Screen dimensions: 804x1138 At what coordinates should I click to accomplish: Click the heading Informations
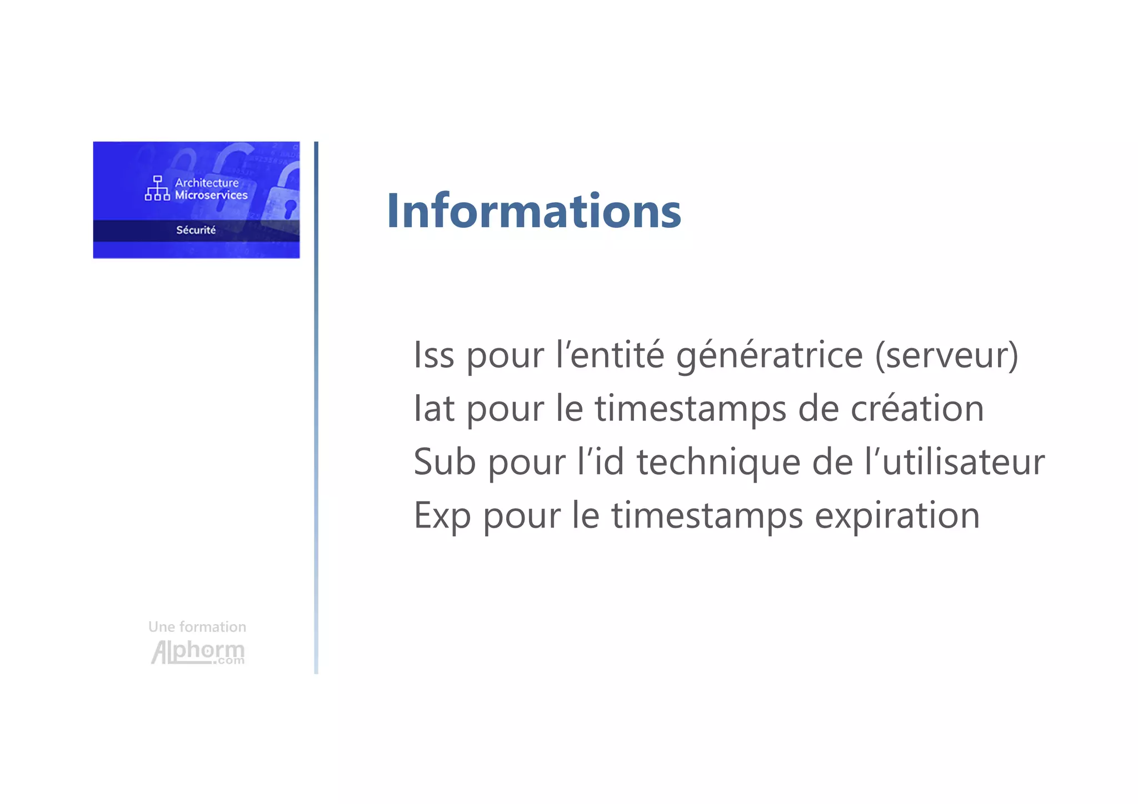pyautogui.click(x=533, y=211)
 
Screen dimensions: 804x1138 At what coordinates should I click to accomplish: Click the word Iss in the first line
pyautogui.click(x=434, y=355)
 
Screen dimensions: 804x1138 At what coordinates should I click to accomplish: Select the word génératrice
pyautogui.click(x=770, y=356)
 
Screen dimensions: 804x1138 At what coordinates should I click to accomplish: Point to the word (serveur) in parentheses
pyautogui.click(x=946, y=356)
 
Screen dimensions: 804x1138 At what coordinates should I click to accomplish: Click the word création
pyautogui.click(x=917, y=409)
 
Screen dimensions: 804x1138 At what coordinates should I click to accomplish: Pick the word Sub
pyautogui.click(x=445, y=462)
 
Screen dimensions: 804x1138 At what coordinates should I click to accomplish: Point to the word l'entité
pyautogui.click(x=610, y=355)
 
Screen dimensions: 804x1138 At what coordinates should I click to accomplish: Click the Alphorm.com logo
pyautogui.click(x=198, y=652)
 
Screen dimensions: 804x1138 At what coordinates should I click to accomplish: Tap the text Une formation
pyautogui.click(x=197, y=627)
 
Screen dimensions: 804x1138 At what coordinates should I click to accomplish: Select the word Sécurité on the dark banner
pyautogui.click(x=196, y=230)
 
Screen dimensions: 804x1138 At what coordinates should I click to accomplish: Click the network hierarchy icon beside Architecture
pyautogui.click(x=157, y=188)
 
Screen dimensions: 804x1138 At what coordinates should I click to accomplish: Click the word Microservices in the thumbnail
pyautogui.click(x=211, y=195)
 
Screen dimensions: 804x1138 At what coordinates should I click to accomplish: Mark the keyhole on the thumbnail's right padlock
pyautogui.click(x=290, y=209)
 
